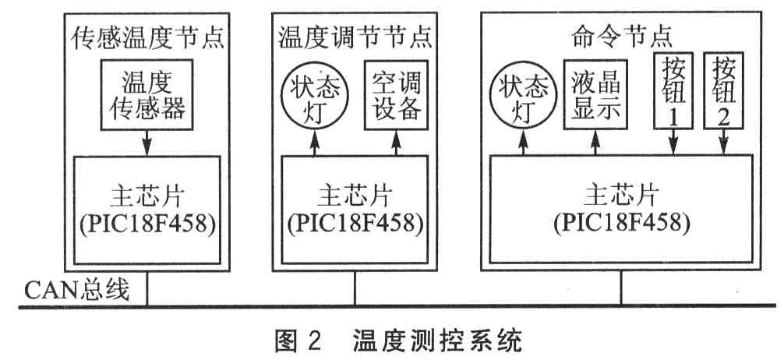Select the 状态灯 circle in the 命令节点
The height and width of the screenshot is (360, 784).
pos(520,101)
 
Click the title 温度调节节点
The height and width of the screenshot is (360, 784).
pos(355,34)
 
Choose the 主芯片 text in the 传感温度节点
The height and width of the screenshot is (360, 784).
pos(144,193)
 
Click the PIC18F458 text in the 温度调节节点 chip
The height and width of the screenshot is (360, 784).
pos(355,221)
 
